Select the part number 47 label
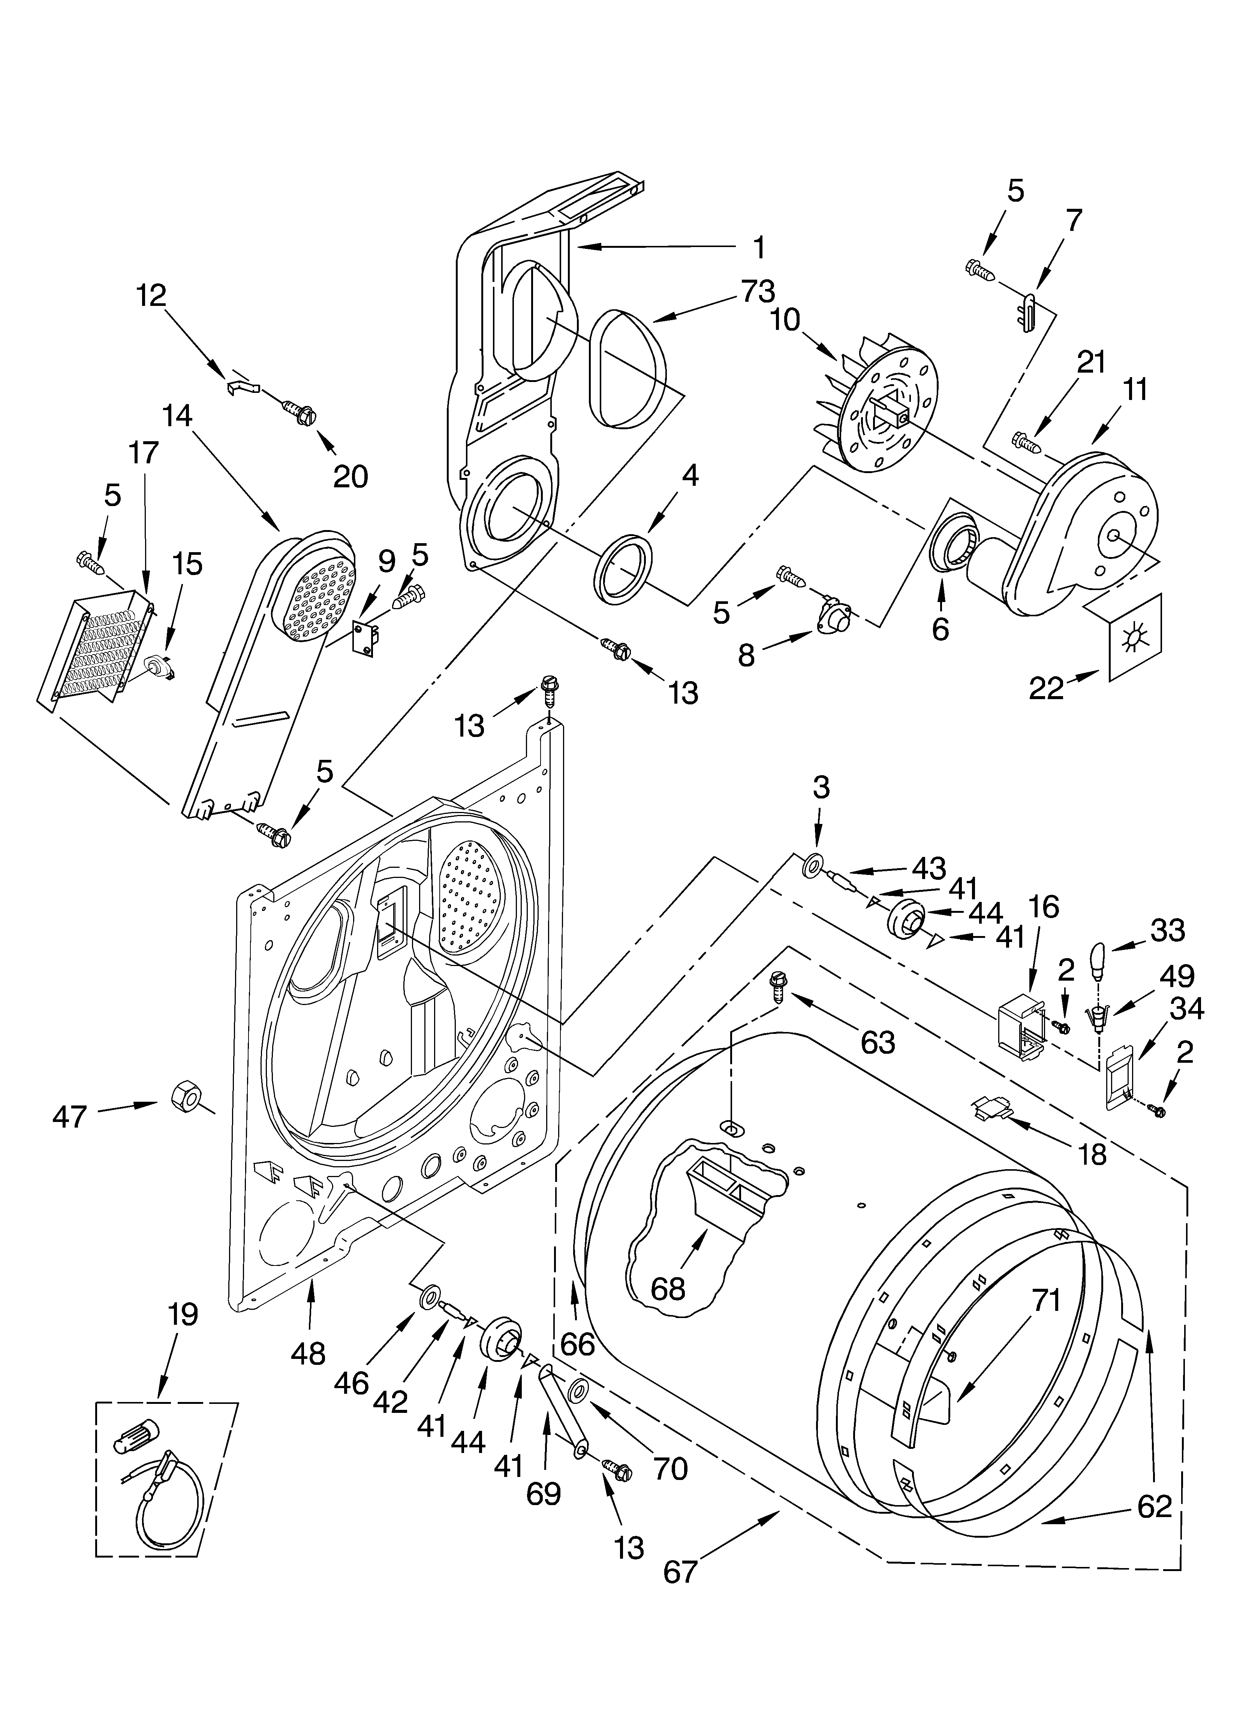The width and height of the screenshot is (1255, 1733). pos(70,1118)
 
